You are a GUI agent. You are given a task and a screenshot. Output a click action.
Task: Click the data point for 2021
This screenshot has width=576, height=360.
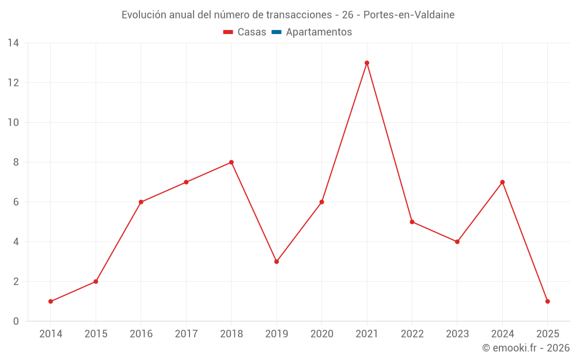pyautogui.click(x=367, y=63)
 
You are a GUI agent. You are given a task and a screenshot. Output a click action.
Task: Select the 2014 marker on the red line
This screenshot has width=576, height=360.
pyautogui.click(x=51, y=301)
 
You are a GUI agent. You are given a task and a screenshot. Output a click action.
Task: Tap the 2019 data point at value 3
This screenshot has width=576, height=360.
pyautogui.click(x=276, y=262)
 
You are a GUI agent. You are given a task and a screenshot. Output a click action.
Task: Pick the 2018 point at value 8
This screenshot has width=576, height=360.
pyautogui.click(x=232, y=162)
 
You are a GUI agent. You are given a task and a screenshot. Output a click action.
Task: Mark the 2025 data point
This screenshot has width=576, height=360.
pyautogui.click(x=547, y=301)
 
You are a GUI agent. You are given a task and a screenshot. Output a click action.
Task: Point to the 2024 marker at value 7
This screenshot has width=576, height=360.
pyautogui.click(x=502, y=182)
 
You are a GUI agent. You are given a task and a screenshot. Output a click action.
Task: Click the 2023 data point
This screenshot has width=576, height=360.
pyautogui.click(x=457, y=242)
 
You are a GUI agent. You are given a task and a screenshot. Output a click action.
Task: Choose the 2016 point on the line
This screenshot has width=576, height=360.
pyautogui.click(x=141, y=202)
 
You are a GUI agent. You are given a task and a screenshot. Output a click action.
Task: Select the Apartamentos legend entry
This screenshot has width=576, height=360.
pyautogui.click(x=319, y=32)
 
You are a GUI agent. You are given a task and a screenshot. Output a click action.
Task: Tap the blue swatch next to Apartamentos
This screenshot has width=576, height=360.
pyautogui.click(x=276, y=32)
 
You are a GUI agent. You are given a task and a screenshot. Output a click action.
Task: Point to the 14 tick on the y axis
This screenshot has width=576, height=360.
pyautogui.click(x=13, y=43)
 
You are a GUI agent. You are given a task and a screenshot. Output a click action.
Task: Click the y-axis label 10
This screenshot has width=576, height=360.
pyautogui.click(x=13, y=123)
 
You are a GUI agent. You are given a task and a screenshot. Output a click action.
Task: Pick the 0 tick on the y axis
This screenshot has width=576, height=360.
pyautogui.click(x=16, y=321)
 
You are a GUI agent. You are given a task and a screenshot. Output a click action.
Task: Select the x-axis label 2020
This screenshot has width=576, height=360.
pyautogui.click(x=322, y=334)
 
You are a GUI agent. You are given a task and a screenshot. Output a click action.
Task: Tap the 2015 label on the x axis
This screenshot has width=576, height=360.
pyautogui.click(x=96, y=334)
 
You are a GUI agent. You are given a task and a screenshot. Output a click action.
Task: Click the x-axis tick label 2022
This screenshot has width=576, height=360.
pyautogui.click(x=412, y=334)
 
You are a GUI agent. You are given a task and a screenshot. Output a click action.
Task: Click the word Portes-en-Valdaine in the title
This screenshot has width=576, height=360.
pyautogui.click(x=409, y=15)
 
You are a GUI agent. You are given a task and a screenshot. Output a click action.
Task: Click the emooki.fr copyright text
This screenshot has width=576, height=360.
pyautogui.click(x=526, y=348)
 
